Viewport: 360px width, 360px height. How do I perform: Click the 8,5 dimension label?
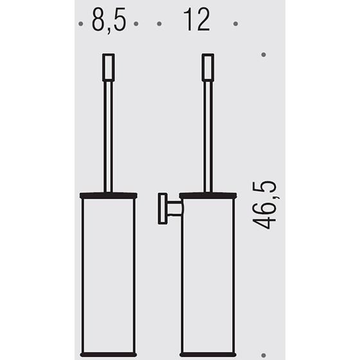109,21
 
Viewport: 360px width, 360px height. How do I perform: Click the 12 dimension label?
197,19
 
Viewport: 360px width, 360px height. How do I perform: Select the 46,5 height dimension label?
264,205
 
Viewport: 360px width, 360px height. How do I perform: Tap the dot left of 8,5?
80,24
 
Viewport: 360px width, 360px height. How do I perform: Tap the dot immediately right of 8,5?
136,24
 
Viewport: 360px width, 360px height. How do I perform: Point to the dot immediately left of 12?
159,24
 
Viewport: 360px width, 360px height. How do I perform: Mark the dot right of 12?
235,24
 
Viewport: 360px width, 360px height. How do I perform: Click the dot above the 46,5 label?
264,55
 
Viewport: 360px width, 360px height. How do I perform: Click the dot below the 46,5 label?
264,355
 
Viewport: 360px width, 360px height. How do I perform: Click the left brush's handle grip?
109,67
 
